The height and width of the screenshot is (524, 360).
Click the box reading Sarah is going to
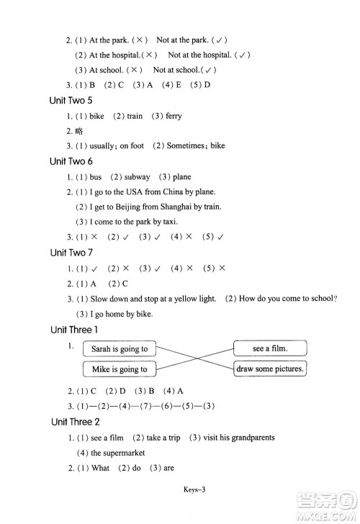120,349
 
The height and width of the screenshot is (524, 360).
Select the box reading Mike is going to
120,369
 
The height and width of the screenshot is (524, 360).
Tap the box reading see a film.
270,348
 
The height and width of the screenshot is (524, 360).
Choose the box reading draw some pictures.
270,369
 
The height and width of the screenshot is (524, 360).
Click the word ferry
174,116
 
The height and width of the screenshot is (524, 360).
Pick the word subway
137,176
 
